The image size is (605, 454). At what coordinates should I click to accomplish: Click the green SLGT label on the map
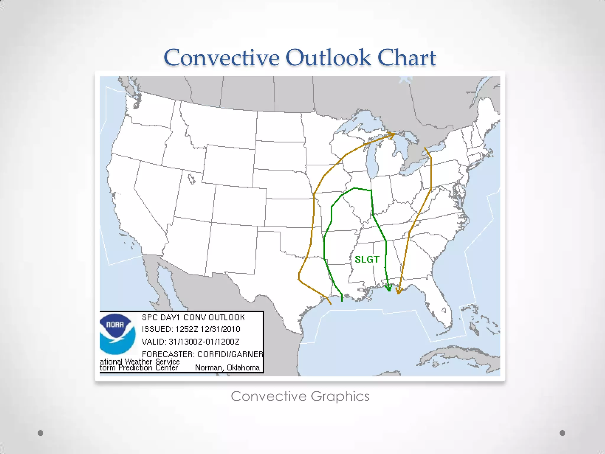click(x=367, y=260)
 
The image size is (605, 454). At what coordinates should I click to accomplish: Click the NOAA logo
click(x=117, y=334)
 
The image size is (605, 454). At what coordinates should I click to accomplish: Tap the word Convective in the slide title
click(x=221, y=57)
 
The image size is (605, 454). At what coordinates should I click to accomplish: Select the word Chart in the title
click(x=407, y=57)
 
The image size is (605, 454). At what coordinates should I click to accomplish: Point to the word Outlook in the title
click(x=328, y=57)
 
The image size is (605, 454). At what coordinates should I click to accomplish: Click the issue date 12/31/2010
click(x=220, y=329)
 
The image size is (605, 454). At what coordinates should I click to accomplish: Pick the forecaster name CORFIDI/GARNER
click(x=230, y=354)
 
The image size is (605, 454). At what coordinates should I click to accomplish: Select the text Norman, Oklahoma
click(x=227, y=368)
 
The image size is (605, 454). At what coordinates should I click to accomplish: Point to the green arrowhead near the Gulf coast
click(x=389, y=288)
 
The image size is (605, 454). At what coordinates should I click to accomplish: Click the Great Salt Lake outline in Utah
click(x=191, y=179)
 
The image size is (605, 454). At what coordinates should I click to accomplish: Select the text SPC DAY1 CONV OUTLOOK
click(x=193, y=317)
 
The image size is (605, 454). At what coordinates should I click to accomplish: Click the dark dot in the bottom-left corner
click(x=41, y=433)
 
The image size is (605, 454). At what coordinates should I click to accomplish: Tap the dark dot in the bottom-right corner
click(x=562, y=433)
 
